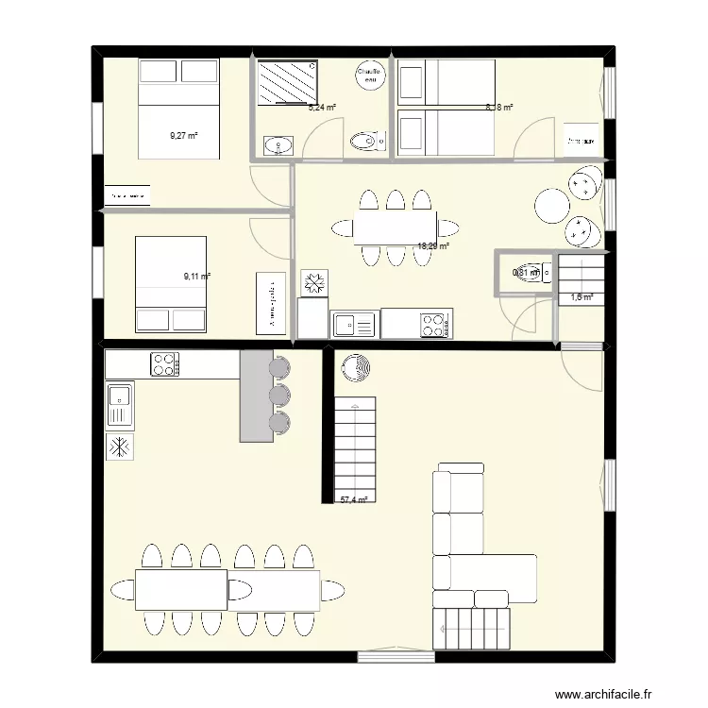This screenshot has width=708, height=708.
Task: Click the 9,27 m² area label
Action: (184, 136)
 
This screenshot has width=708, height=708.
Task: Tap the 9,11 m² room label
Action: (196, 277)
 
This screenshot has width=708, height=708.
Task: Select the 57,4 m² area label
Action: (352, 500)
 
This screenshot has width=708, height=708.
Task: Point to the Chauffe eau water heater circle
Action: (368, 75)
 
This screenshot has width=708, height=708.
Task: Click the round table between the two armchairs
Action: (551, 205)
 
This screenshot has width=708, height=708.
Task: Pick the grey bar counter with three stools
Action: (256, 396)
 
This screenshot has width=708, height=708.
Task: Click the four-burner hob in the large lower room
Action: (165, 363)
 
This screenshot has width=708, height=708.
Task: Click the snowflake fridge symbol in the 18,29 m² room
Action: (313, 282)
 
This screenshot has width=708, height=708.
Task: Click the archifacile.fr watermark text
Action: (604, 695)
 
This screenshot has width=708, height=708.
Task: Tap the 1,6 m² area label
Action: (581, 297)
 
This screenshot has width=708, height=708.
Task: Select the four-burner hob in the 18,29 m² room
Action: (433, 324)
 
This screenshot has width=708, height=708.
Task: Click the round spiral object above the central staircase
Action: (357, 368)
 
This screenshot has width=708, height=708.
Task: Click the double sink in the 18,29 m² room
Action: (353, 325)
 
